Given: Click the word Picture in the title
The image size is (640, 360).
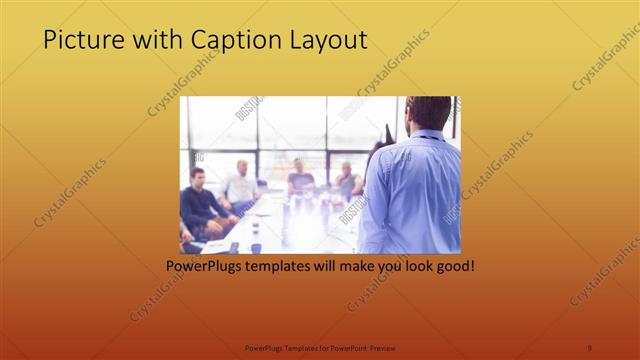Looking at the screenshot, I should click(81, 40).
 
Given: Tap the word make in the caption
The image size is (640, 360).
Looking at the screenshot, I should click(346, 267).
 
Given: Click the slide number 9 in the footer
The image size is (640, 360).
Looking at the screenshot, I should click(590, 347).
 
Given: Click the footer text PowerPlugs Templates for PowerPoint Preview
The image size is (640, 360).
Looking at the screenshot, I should click(320, 347).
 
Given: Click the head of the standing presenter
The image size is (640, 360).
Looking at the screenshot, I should click(429, 113).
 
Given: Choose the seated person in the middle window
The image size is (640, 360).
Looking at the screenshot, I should click(300, 178).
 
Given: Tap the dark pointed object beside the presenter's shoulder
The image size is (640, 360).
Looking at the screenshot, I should click(388, 134).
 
